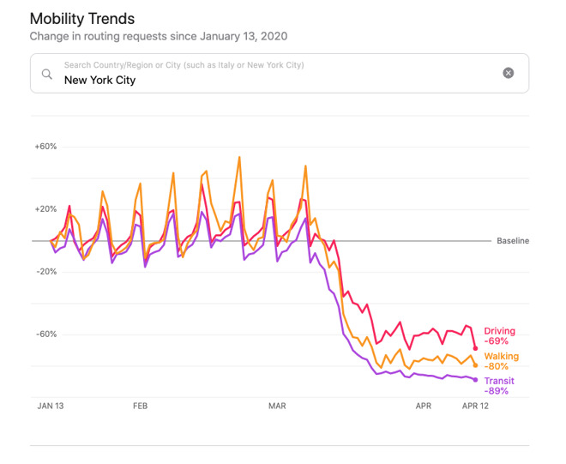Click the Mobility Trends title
click(82, 18)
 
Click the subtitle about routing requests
click(159, 37)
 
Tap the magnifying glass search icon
click(47, 74)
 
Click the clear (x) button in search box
click(509, 73)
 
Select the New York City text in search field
click(99, 80)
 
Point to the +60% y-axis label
click(45, 147)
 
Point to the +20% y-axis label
click(45, 209)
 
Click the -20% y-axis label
click(45, 272)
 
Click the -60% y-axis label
click(45, 334)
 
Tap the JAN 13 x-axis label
click(51, 406)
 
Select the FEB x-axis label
click(140, 406)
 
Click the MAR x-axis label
click(277, 406)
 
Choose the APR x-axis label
click(424, 406)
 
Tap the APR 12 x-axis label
click(475, 406)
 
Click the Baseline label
click(513, 241)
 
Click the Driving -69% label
click(500, 336)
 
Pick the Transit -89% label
click(500, 385)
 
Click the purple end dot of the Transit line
click(476, 380)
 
